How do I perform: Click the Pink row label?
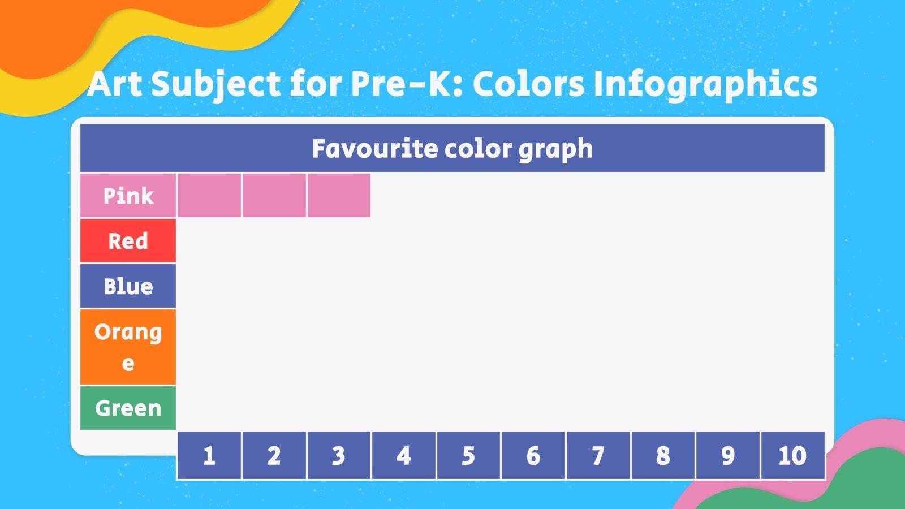point(128,196)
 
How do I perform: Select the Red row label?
point(128,241)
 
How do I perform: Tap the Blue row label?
point(128,286)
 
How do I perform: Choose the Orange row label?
point(128,347)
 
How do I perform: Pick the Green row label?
point(128,408)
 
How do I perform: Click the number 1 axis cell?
point(209,455)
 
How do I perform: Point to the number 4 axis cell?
point(403,455)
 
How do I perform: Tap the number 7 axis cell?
point(598,455)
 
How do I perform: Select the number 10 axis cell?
point(792,455)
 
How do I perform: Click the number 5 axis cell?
point(468,455)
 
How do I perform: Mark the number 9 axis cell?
point(727,455)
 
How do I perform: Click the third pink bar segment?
point(339,195)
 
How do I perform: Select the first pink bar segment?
point(209,195)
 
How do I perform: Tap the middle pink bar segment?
point(274,195)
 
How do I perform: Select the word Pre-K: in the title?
point(406,84)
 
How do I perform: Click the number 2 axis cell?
point(274,455)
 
